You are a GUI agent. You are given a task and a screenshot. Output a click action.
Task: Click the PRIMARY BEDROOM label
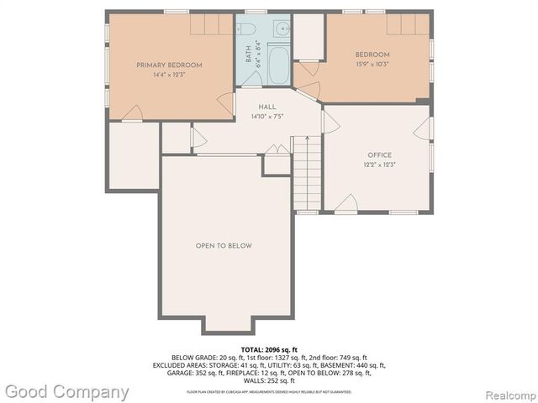tap(170, 65)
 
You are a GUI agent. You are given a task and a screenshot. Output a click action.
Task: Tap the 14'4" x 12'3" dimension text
tap(170, 75)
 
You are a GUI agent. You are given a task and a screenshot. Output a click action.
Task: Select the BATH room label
tap(249, 55)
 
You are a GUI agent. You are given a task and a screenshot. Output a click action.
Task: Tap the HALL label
tap(267, 107)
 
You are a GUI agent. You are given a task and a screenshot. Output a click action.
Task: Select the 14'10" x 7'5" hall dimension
tap(267, 117)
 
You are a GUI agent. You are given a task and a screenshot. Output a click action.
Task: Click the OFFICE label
tap(379, 154)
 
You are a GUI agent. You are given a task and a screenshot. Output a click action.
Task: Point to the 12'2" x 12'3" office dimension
tap(379, 165)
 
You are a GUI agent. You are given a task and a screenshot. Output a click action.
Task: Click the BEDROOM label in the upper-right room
tap(373, 55)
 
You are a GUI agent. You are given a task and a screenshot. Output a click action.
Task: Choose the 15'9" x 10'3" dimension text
tap(373, 65)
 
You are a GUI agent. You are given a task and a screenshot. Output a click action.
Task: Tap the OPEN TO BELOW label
tap(224, 245)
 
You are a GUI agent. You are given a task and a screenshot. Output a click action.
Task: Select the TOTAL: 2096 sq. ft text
tap(268, 348)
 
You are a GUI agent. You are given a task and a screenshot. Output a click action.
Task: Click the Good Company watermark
tap(66, 391)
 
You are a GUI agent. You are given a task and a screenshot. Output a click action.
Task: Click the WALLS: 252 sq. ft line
tap(268, 380)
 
